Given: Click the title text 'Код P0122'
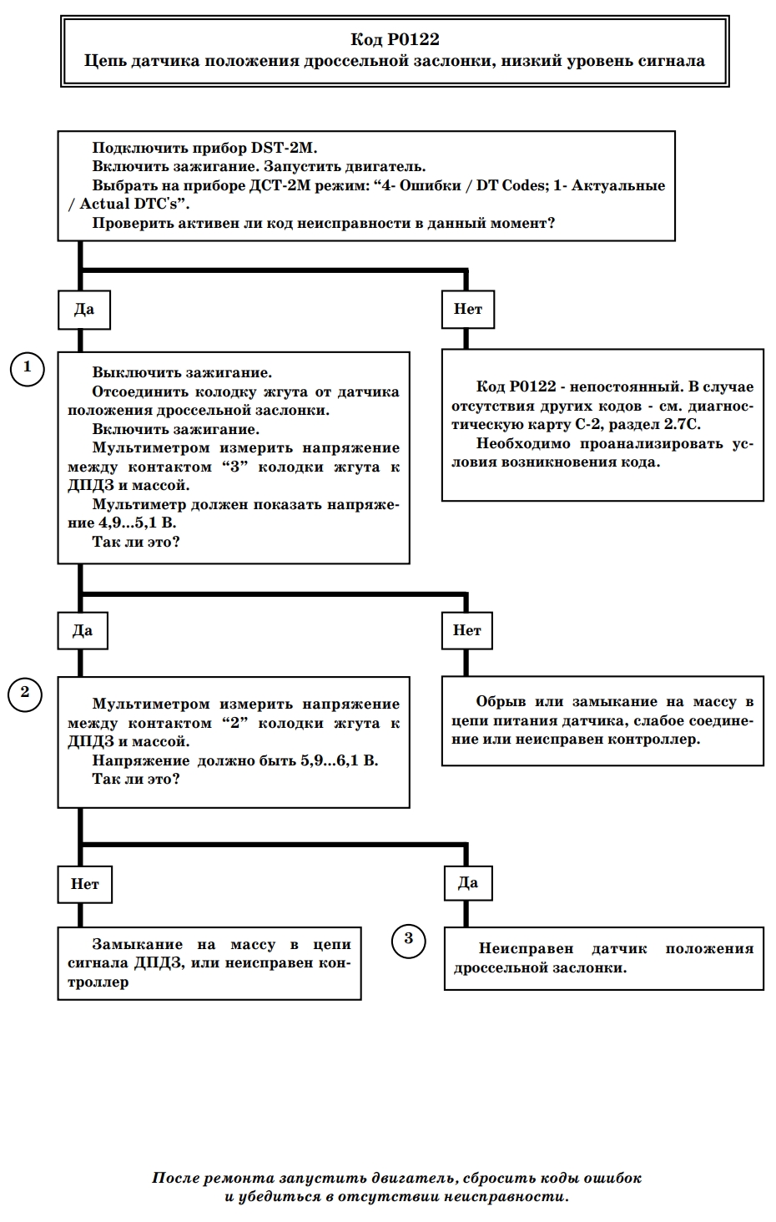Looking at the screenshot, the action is [x=395, y=39].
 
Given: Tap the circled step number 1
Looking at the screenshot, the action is [x=28, y=369].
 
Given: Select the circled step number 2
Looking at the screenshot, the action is [x=25, y=694].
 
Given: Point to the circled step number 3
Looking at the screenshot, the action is [x=409, y=941].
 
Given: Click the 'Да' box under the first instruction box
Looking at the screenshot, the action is [x=84, y=310].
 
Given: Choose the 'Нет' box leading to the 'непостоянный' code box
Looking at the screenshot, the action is [x=468, y=310].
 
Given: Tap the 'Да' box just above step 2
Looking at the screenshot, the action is [x=83, y=631].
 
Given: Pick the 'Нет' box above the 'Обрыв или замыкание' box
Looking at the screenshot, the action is [x=466, y=631].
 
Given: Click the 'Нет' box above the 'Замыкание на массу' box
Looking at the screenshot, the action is [x=84, y=884].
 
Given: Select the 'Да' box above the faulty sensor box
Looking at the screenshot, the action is [x=468, y=882].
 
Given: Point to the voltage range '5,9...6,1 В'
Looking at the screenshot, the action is [x=340, y=760].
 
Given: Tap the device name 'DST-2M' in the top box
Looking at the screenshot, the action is [x=284, y=148].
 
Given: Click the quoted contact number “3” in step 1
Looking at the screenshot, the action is [x=235, y=467].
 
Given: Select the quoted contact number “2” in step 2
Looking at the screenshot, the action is [x=235, y=724].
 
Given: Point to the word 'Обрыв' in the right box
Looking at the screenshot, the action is [x=501, y=701].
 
